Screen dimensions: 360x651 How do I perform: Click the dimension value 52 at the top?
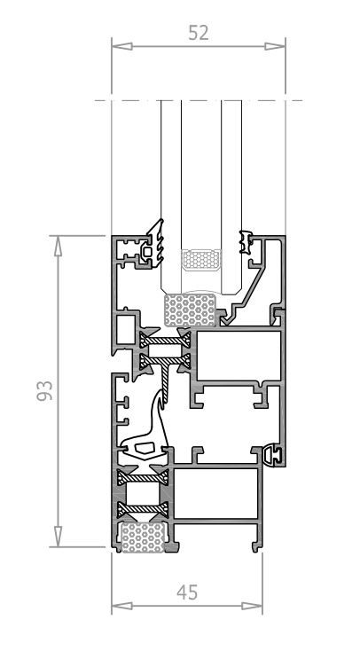198,33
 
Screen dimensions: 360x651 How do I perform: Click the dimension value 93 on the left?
45,390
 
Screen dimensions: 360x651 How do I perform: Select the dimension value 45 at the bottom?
187,592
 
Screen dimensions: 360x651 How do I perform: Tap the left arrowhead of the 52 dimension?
122,46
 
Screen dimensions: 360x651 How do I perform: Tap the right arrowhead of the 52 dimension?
275,46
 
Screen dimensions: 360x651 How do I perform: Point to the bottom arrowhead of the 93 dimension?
59,537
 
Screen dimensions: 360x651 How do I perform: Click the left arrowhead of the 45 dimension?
122,606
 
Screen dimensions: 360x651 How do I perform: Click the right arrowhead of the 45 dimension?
252,606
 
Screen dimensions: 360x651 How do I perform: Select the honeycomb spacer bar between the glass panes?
201,260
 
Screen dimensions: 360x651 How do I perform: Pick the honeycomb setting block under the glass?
190,310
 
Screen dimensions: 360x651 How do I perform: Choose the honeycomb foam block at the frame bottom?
142,537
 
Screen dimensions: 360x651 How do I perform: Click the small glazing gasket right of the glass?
246,242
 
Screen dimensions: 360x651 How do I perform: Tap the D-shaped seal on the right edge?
272,456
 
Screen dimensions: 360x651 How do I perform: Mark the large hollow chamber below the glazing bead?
239,356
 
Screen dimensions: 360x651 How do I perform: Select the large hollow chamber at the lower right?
216,494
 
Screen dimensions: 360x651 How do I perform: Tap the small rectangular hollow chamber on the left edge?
126,330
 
